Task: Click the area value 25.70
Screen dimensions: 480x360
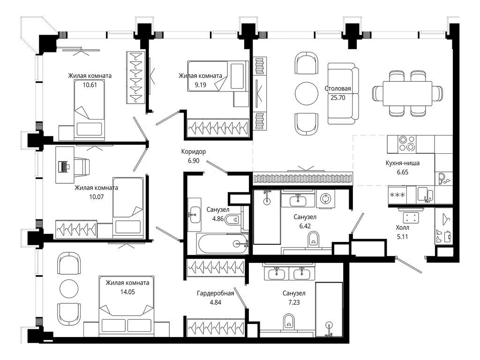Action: pos(337,97)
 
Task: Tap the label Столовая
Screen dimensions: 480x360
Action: pos(337,89)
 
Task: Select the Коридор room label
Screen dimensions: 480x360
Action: pos(194,151)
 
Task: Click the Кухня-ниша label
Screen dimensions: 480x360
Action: pos(403,163)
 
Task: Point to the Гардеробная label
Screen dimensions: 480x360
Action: pos(215,293)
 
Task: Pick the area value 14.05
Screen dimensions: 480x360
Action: pos(127,292)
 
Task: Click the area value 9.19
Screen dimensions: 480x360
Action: pos(200,85)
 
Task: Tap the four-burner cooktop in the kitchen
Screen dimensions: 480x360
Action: pos(407,143)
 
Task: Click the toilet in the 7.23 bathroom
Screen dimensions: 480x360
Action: pos(288,322)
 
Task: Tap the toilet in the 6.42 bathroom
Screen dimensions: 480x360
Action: pos(314,239)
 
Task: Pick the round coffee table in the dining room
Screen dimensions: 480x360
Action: pos(307,94)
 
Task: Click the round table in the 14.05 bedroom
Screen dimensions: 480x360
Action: pos(69,288)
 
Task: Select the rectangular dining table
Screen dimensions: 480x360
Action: pos(407,93)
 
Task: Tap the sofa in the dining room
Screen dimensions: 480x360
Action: pos(343,93)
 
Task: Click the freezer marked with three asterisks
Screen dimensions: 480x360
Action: pos(397,195)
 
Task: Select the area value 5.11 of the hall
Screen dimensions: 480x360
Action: pos(402,237)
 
